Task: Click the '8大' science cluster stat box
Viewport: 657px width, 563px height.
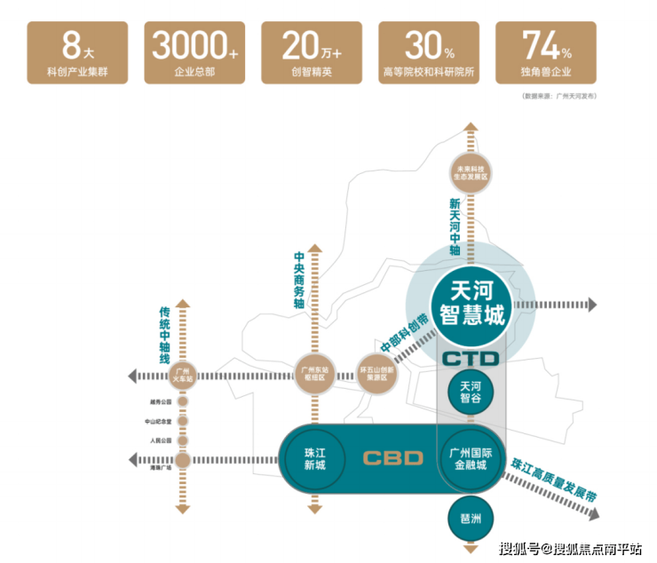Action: (77, 53)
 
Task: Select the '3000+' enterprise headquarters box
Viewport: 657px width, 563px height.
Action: (195, 53)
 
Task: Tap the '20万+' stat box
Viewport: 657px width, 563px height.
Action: (312, 53)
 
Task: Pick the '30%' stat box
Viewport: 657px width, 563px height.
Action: (429, 53)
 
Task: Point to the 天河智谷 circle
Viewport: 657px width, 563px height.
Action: (471, 392)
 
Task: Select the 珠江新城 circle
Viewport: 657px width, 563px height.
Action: (314, 458)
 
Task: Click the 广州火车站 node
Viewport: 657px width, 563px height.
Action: (183, 374)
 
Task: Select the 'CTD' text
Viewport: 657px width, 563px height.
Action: (471, 359)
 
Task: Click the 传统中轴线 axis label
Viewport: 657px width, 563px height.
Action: (164, 335)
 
